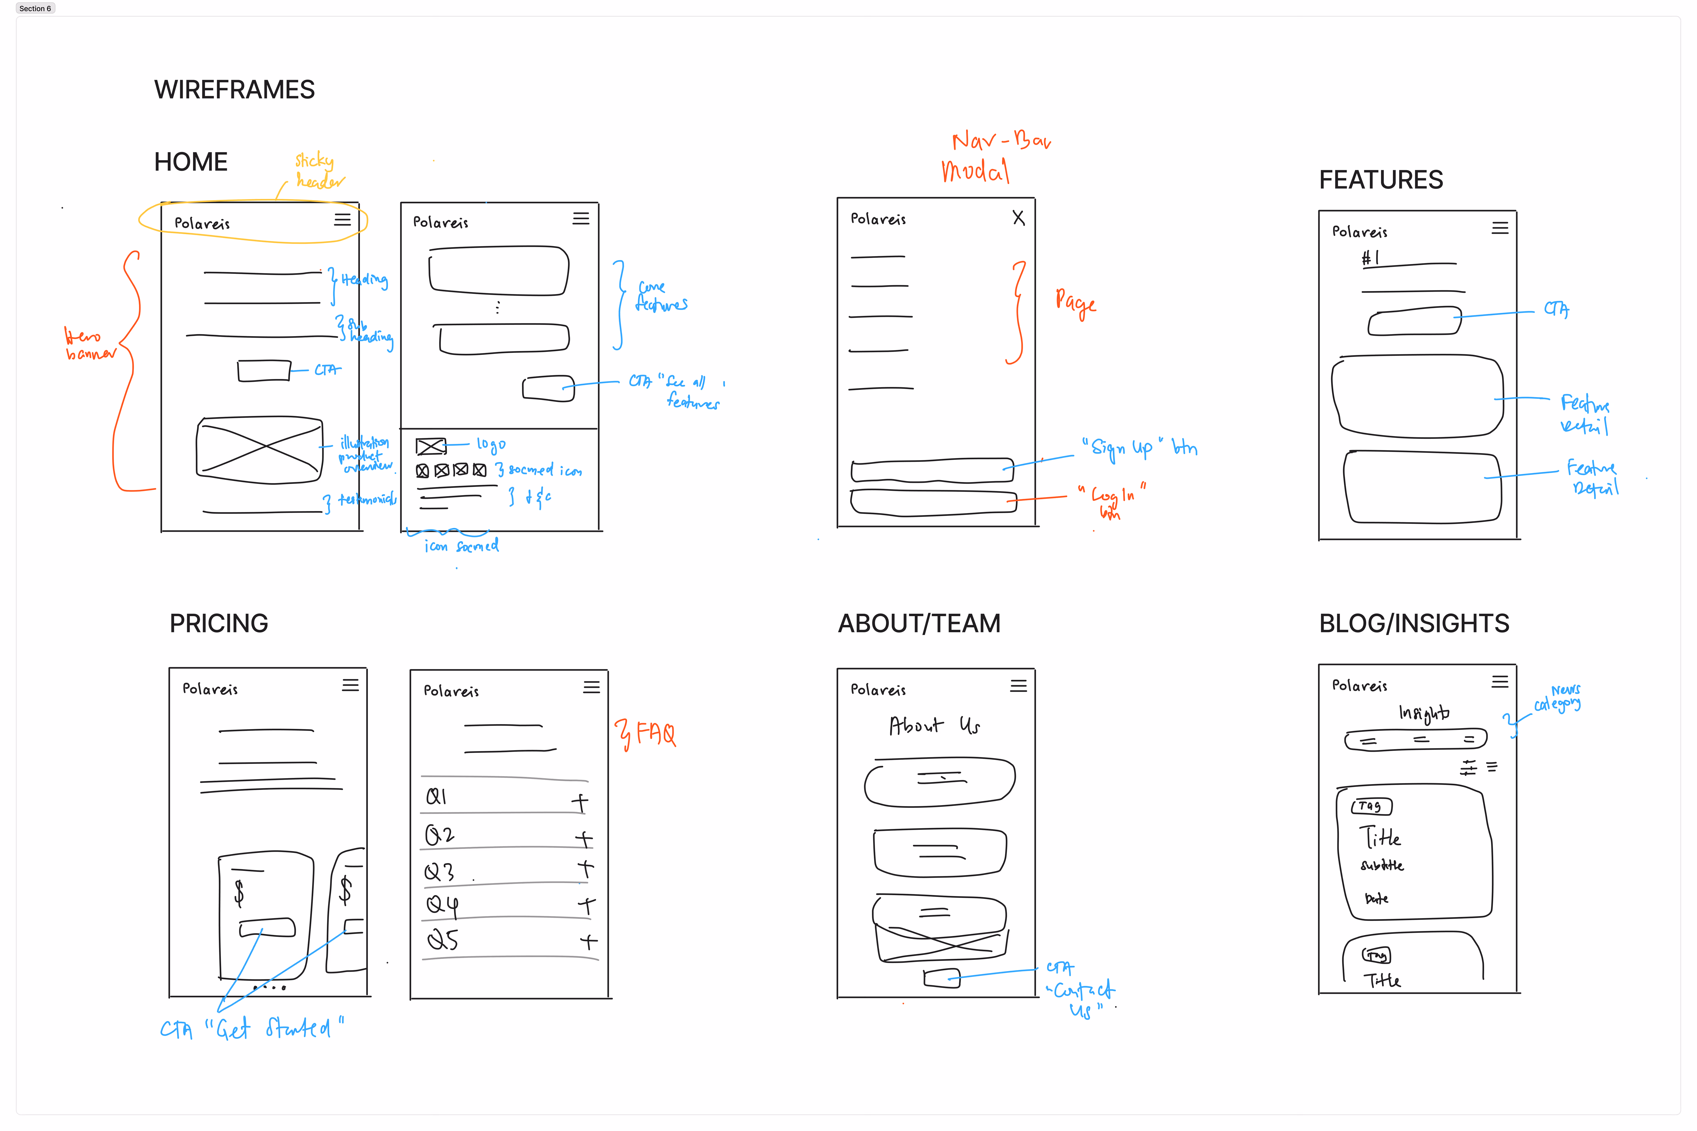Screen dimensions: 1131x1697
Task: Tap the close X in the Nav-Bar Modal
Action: [1018, 218]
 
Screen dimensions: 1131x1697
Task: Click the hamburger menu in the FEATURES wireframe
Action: [1500, 228]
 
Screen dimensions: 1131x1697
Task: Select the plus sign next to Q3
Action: [585, 869]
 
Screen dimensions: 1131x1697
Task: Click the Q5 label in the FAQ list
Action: [442, 940]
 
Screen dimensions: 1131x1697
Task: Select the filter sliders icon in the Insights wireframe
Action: [1468, 767]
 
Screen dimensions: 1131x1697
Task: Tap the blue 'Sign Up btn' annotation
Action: [1140, 448]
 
